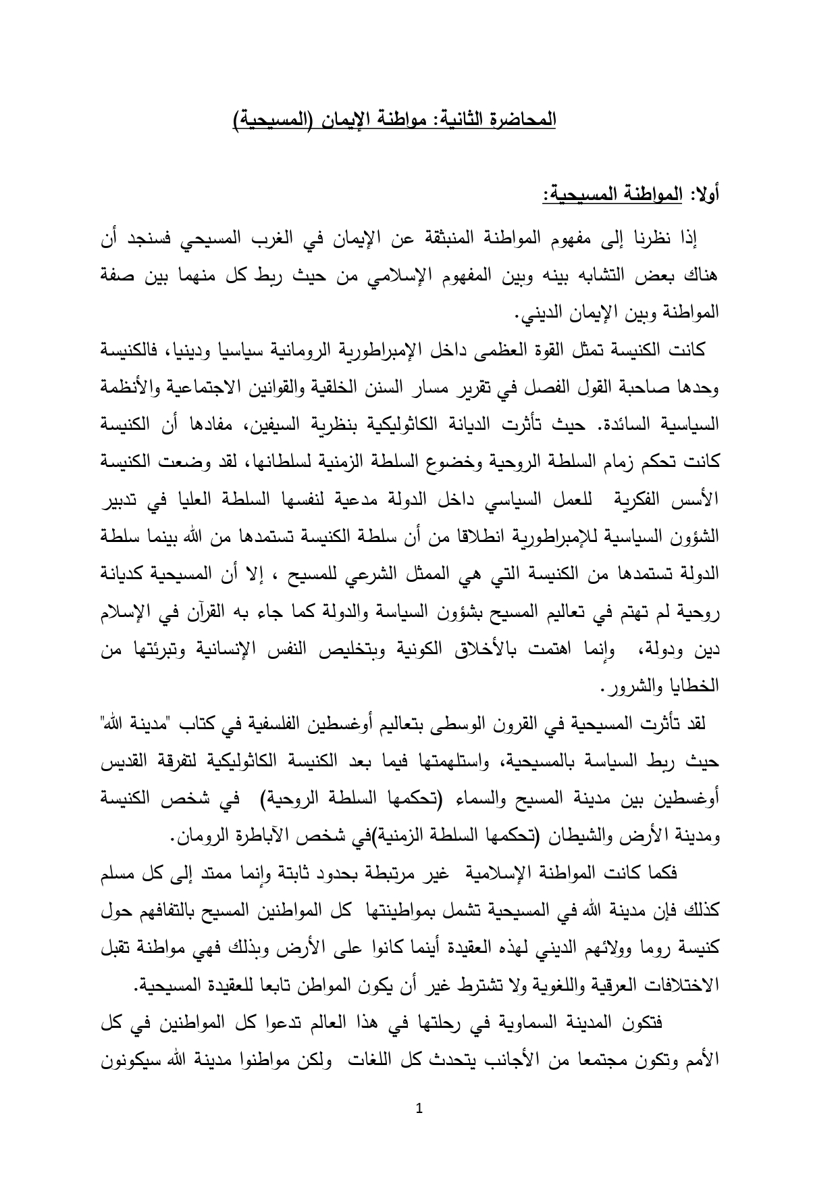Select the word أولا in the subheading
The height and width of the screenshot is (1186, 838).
pyautogui.click(x=705, y=197)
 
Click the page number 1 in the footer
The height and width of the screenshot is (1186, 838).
pyautogui.click(x=419, y=1108)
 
